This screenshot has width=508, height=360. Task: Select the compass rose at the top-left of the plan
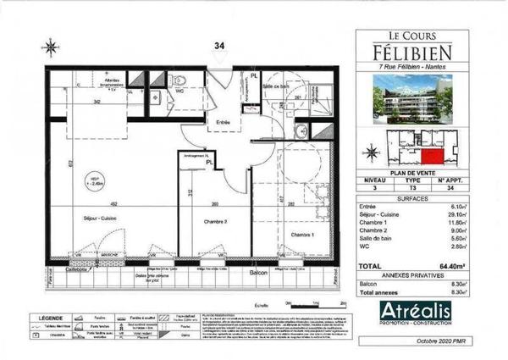point(53,48)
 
